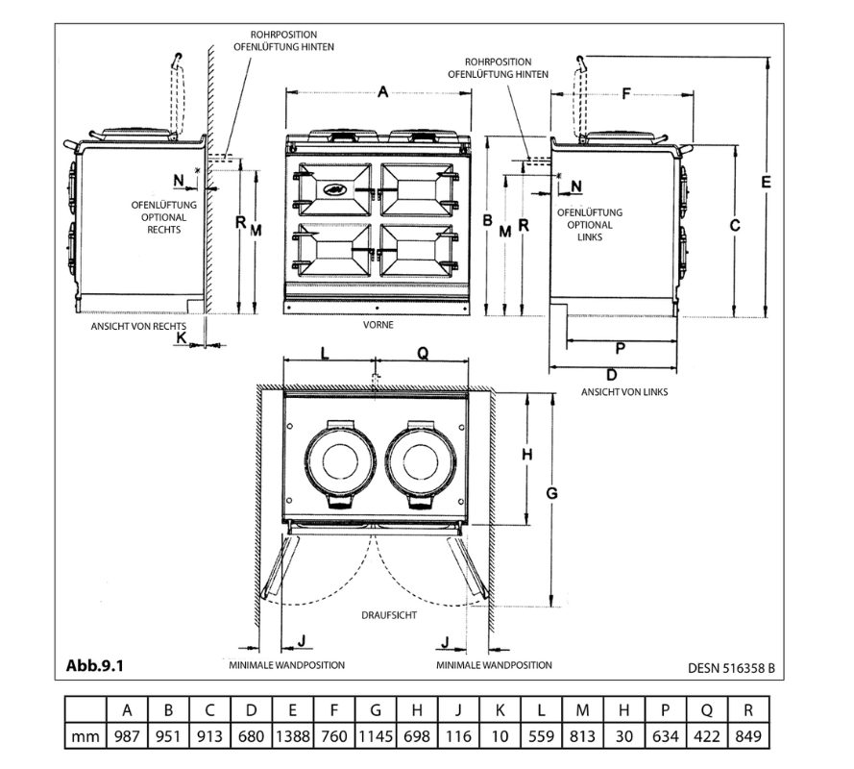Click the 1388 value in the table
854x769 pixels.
coord(292,737)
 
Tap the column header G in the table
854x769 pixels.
coord(376,710)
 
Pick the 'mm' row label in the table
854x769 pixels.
coord(85,737)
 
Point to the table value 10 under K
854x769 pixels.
coord(500,737)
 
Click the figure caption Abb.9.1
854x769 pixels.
coord(95,665)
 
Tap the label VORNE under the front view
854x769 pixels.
coord(378,326)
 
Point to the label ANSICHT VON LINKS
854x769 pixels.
coord(623,392)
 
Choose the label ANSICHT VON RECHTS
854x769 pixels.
coord(138,326)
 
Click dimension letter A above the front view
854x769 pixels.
coord(382,92)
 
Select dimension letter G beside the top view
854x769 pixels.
coord(551,493)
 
